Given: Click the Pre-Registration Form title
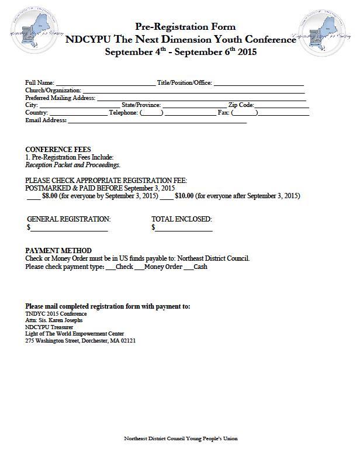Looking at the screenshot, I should [x=185, y=26].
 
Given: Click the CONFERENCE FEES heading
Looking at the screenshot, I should [x=58, y=150].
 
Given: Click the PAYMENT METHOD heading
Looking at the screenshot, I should [x=58, y=251].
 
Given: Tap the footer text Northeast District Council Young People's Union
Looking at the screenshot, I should [x=181, y=438].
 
